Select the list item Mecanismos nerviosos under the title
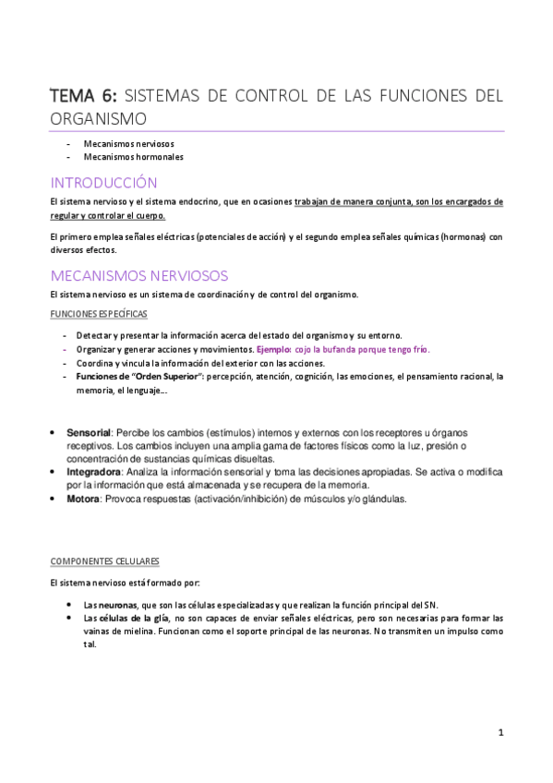click(x=128, y=144)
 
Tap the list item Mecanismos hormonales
click(x=133, y=157)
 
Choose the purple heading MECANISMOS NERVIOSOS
click(x=139, y=276)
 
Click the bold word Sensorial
click(x=89, y=432)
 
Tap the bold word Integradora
click(x=94, y=472)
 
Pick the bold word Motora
click(x=83, y=499)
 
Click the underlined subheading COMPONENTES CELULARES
click(x=104, y=560)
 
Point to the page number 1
click(x=499, y=734)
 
